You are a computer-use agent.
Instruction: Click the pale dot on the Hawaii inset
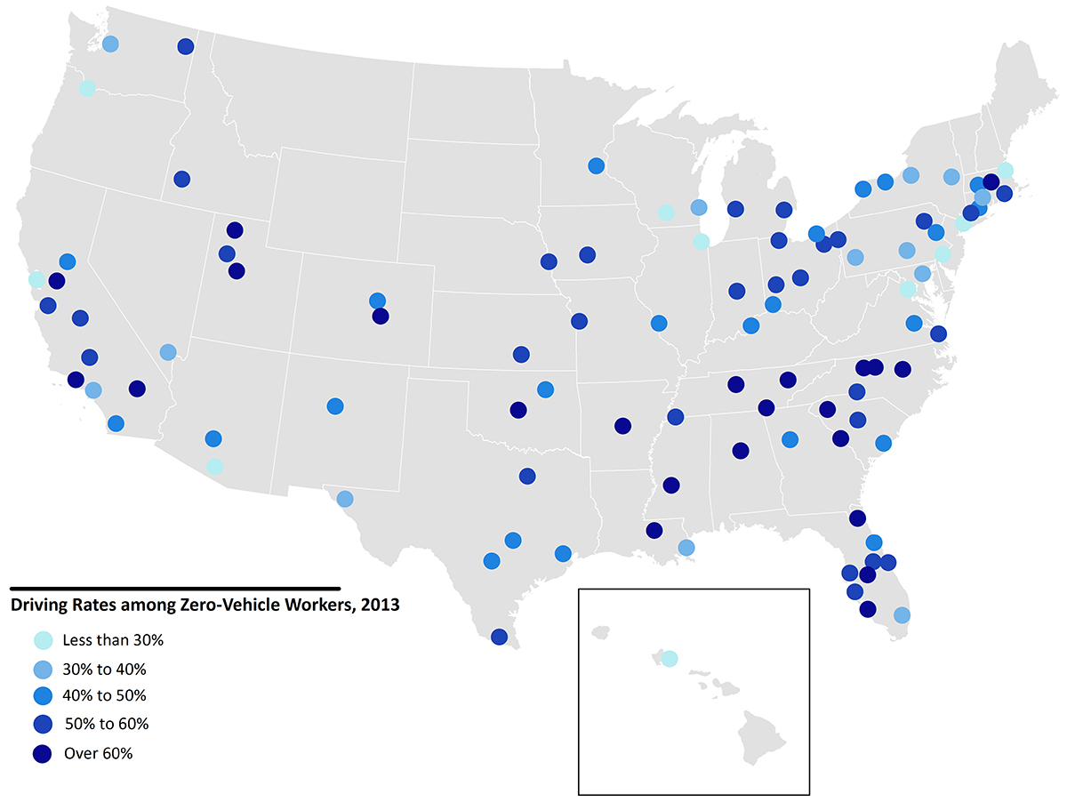(670, 658)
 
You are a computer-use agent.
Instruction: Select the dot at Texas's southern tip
(499, 637)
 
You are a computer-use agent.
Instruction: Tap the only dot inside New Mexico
(335, 406)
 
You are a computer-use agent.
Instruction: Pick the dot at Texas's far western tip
(345, 499)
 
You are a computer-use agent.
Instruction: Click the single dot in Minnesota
(597, 165)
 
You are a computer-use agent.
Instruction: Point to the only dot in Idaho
(182, 179)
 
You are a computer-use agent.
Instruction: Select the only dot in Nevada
(168, 352)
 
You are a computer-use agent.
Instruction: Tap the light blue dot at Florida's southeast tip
(902, 615)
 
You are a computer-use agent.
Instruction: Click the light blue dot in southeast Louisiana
(686, 548)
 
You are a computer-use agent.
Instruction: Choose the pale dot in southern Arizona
(214, 467)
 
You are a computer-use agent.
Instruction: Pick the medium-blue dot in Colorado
(377, 301)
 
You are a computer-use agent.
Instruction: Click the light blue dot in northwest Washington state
(110, 44)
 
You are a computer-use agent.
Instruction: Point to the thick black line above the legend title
(174, 588)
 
